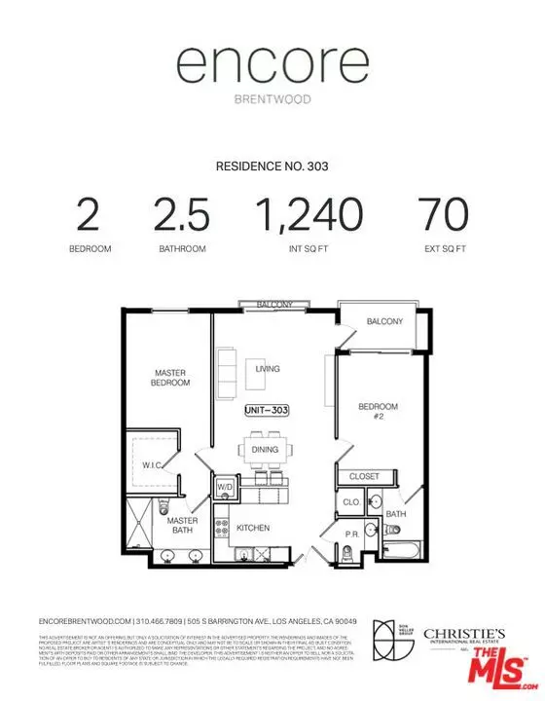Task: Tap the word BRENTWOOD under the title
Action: pyautogui.click(x=272, y=99)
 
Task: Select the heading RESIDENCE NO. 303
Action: pyautogui.click(x=272, y=166)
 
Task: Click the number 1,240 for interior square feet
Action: pyautogui.click(x=309, y=215)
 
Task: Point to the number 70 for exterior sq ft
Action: pyautogui.click(x=443, y=215)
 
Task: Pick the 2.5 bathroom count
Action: pyautogui.click(x=182, y=215)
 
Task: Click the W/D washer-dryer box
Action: pyautogui.click(x=225, y=486)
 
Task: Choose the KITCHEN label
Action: pyautogui.click(x=253, y=528)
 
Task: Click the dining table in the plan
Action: pyautogui.click(x=265, y=450)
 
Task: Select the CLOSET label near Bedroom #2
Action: pyautogui.click(x=365, y=477)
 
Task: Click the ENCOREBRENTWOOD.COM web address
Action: pyautogui.click(x=85, y=622)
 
